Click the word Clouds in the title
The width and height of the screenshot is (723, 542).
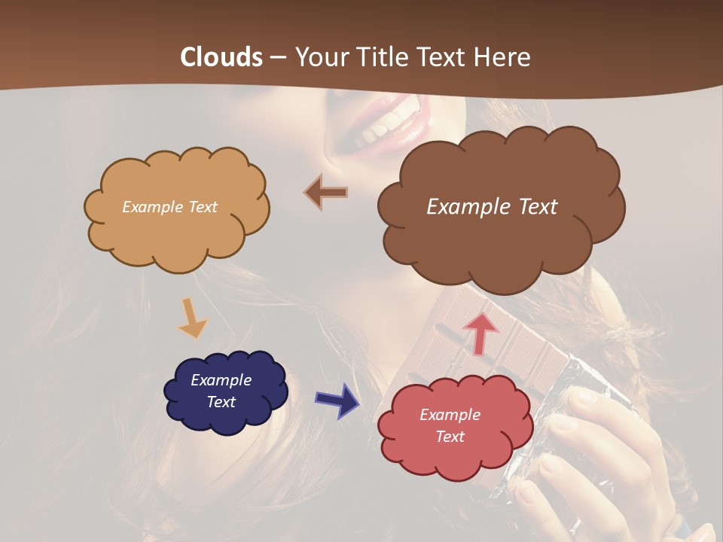point(221,57)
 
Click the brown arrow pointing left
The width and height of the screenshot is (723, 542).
point(326,193)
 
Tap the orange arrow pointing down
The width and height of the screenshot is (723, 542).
point(191,318)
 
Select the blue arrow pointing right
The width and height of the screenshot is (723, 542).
point(337,400)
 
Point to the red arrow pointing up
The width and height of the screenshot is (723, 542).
point(480,333)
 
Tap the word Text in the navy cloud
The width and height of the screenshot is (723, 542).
point(221,402)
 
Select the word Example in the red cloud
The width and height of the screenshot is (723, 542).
point(450,415)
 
